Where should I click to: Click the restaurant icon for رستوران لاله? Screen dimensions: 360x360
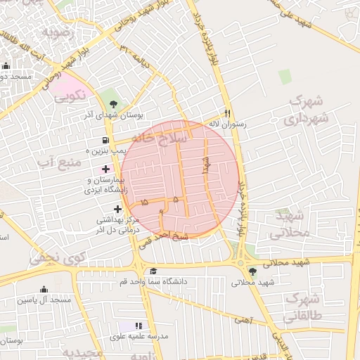coord(226,112)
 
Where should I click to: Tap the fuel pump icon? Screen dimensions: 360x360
coord(106,141)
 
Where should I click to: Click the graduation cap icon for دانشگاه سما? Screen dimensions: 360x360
coord(153,271)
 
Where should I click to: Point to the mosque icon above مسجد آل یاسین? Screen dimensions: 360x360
coord(44,290)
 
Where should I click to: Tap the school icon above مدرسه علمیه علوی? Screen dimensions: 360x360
coord(138,326)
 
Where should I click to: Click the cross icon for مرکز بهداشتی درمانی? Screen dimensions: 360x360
coord(117,209)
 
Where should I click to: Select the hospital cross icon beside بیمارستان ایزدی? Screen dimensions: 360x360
coord(106,169)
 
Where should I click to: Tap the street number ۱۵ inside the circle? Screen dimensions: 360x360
coord(144,202)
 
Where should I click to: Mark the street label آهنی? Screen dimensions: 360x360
coord(244,320)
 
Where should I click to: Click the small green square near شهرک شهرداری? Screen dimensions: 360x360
coord(284,77)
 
